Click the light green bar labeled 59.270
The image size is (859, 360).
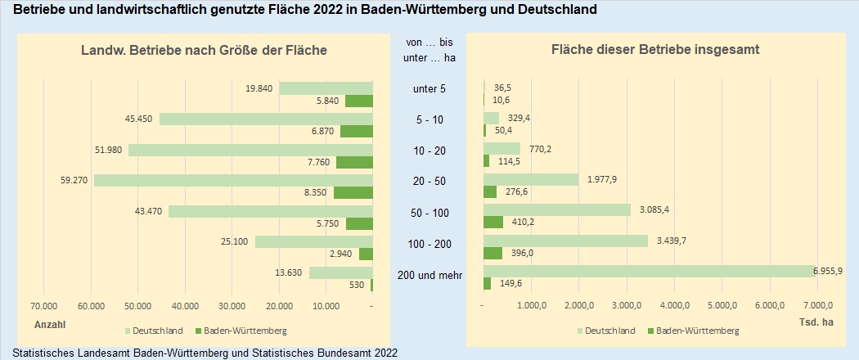click(233, 180)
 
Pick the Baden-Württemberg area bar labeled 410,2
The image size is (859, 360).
click(493, 222)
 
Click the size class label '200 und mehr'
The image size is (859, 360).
click(429, 276)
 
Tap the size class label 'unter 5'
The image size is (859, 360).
click(429, 88)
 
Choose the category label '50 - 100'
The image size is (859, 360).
click(429, 214)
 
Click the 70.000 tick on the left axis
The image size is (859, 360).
click(43, 306)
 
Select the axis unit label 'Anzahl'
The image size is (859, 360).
click(49, 324)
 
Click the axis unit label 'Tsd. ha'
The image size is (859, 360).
click(816, 322)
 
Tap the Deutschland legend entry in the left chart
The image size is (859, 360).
click(154, 331)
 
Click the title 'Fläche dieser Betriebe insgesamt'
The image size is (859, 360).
click(656, 50)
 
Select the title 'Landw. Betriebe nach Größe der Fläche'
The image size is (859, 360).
click(204, 51)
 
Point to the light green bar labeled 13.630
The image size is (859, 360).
click(340, 273)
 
